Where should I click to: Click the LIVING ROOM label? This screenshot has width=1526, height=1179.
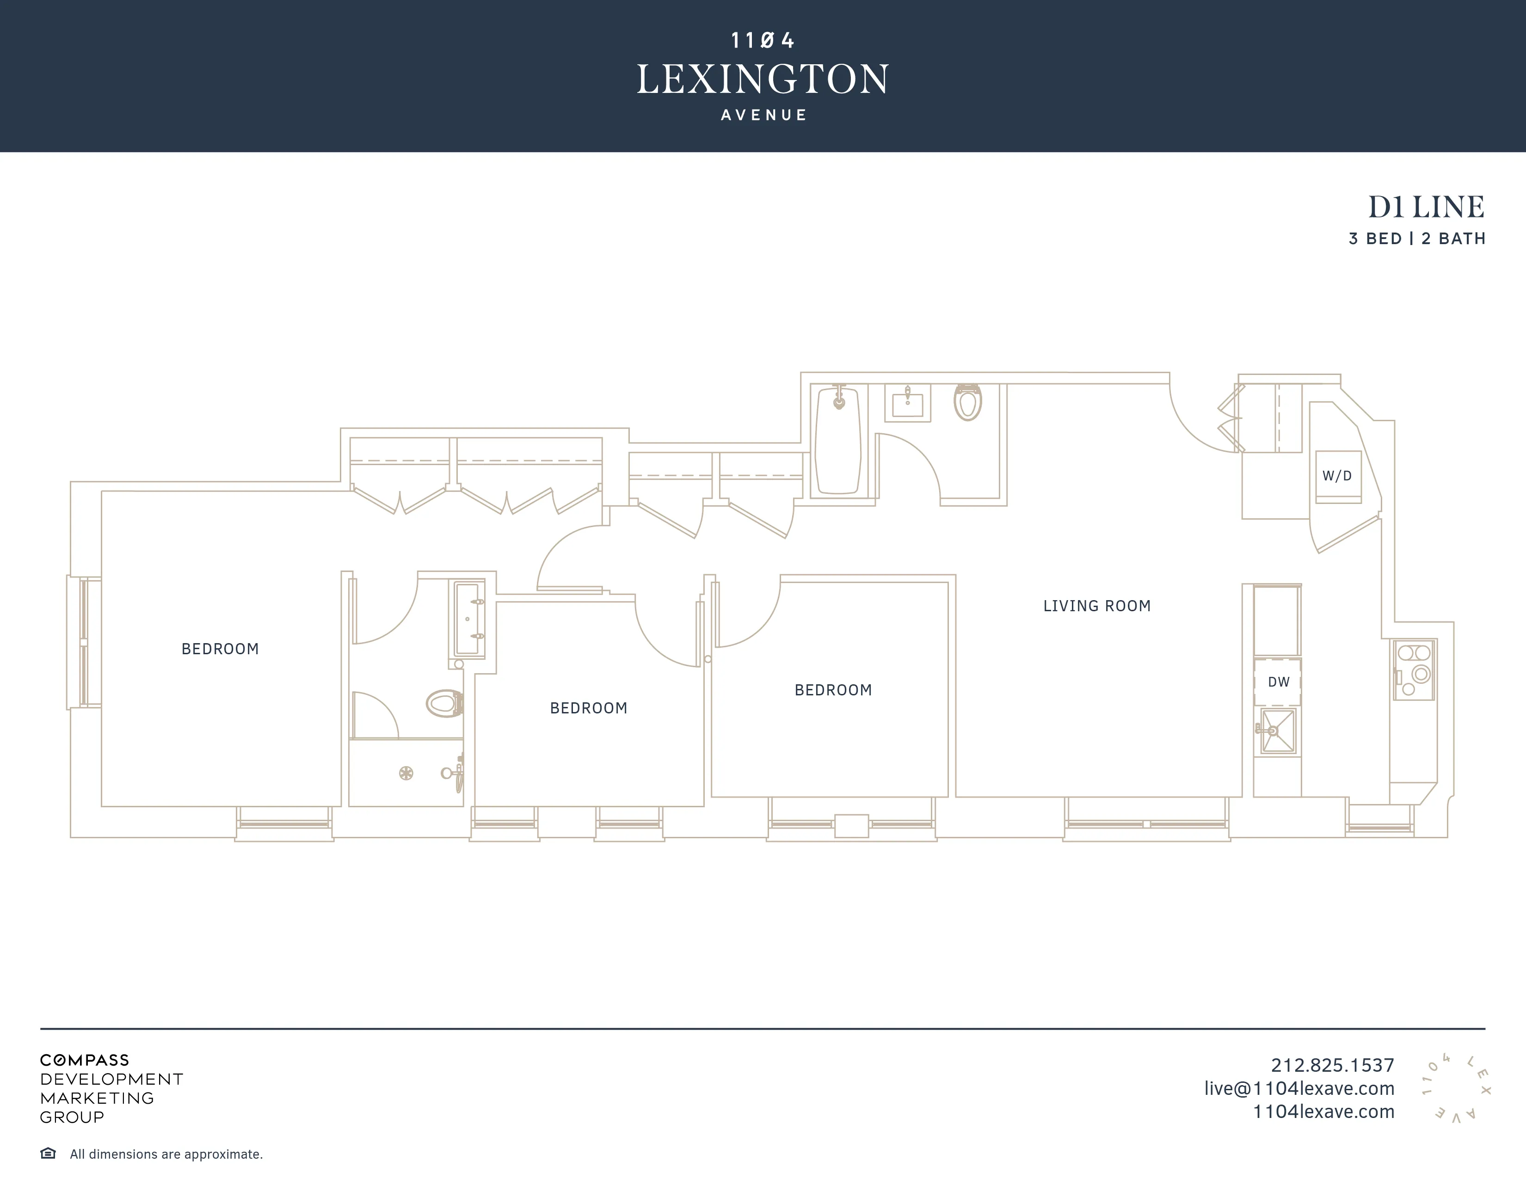[1096, 606]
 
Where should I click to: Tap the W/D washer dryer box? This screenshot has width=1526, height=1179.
[1337, 476]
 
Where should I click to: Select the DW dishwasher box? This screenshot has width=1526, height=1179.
[1278, 682]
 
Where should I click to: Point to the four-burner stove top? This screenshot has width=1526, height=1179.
[1414, 669]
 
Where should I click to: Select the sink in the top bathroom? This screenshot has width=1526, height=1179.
[908, 404]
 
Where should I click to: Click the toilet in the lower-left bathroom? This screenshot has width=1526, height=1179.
[445, 703]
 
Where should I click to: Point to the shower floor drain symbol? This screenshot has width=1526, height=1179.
[406, 773]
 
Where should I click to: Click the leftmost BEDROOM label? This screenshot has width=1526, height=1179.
[220, 649]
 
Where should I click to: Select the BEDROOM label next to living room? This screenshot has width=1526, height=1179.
[833, 690]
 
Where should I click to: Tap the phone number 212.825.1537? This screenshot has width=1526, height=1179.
[1332, 1065]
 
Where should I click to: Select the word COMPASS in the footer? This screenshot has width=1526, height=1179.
[85, 1060]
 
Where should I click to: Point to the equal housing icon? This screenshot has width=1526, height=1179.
[48, 1153]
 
